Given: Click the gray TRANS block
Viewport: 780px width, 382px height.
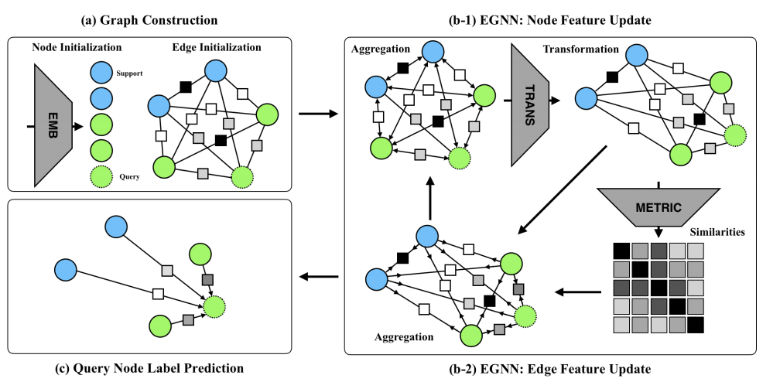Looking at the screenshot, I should (529, 104).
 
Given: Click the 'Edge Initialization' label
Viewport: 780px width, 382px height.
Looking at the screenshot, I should (217, 47).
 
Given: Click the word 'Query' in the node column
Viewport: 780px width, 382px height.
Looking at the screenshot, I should (129, 177).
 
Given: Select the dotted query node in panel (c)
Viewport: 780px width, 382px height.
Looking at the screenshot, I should (215, 306).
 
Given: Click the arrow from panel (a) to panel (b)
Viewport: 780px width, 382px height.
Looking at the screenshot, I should (316, 114).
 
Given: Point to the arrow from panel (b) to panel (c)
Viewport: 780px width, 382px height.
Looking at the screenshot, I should (316, 277).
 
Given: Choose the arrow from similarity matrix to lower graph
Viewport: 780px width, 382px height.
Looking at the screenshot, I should (578, 292).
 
